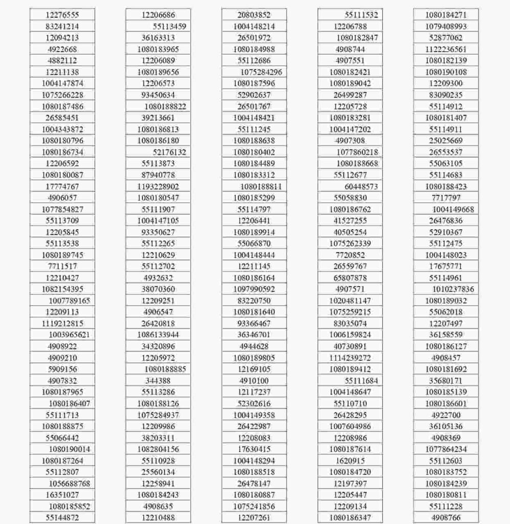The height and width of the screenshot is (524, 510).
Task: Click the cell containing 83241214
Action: tap(62, 27)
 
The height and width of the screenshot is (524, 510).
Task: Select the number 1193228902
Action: tap(158, 187)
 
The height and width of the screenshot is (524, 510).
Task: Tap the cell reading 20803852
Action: tap(254, 15)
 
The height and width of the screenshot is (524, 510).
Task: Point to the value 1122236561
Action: tap(446, 50)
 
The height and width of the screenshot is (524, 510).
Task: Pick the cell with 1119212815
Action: tap(62, 323)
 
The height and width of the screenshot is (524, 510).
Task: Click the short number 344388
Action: tap(158, 381)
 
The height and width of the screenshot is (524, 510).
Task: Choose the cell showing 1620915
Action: tap(350, 461)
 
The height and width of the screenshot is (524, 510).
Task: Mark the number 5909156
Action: tap(62, 369)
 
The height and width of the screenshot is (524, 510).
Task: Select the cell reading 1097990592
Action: tap(254, 289)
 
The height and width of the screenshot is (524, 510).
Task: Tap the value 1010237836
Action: tap(453, 289)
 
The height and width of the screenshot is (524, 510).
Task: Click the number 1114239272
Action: tap(350, 358)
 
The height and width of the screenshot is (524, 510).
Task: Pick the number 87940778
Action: tap(158, 175)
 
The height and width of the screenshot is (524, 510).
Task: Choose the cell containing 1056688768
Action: tap(70, 484)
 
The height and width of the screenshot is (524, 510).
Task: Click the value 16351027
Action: tap(62, 495)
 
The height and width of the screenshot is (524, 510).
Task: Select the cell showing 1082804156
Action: tap(158, 449)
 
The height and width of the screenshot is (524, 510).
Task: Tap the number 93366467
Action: tap(254, 323)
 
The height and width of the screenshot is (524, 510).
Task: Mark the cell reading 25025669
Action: tap(446, 141)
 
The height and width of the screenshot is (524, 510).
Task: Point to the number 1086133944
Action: tap(158, 335)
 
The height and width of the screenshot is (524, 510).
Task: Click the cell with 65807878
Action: tap(350, 278)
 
